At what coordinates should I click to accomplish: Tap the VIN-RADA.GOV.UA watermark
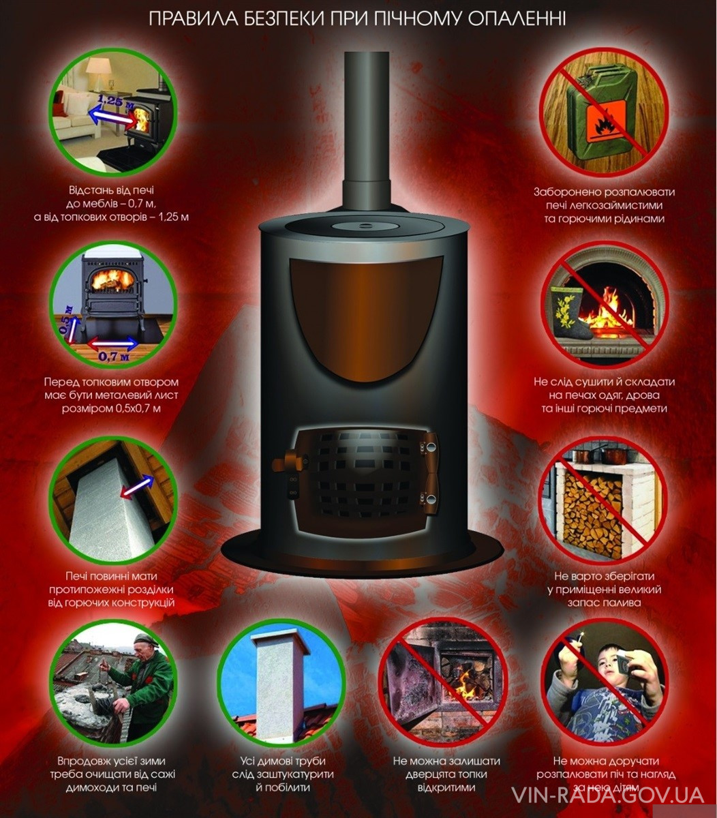click(x=609, y=795)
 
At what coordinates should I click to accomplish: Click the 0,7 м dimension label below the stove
click(x=115, y=357)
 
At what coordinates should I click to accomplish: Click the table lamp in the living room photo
click(x=99, y=74)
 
